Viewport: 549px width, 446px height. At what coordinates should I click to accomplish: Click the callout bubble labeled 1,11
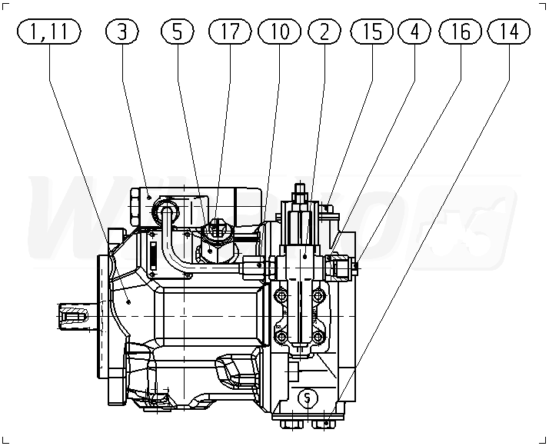click(x=49, y=32)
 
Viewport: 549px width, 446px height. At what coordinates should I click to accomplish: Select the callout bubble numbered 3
click(x=125, y=32)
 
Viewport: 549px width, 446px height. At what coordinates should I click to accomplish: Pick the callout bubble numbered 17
click(x=230, y=32)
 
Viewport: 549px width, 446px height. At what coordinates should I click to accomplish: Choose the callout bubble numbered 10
click(x=280, y=32)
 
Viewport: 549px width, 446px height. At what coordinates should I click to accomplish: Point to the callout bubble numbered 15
click(x=372, y=32)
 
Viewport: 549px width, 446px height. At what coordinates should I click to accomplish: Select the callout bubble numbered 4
click(x=415, y=32)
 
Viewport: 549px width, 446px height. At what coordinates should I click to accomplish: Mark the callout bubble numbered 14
click(x=509, y=32)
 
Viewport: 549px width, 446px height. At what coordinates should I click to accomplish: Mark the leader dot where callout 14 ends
click(x=328, y=422)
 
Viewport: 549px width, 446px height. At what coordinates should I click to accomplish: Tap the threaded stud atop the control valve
click(x=300, y=189)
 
